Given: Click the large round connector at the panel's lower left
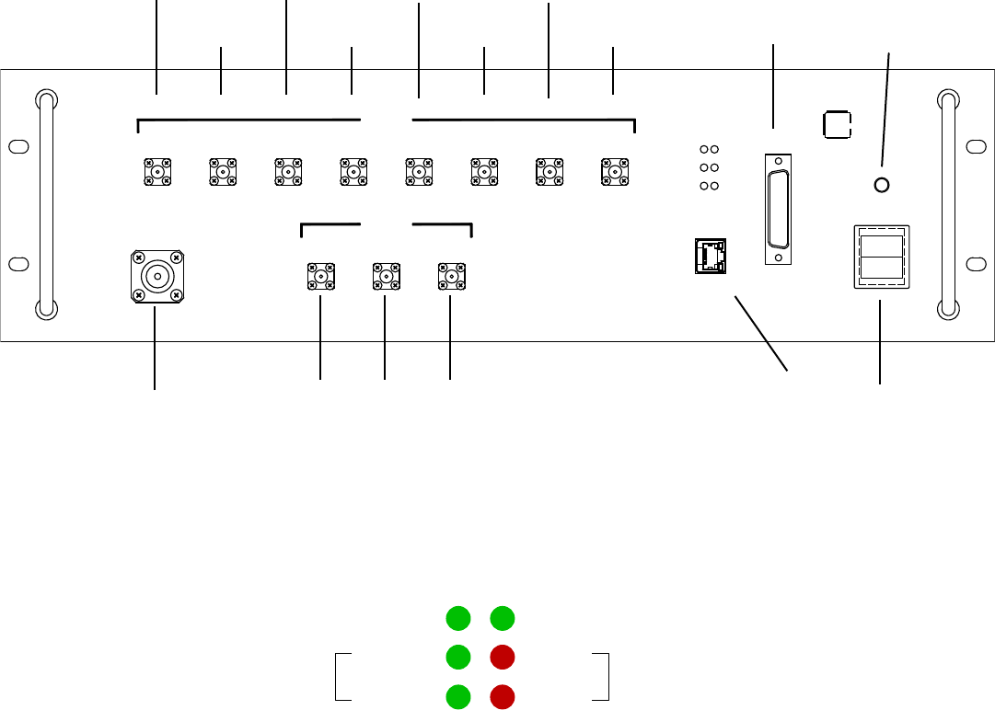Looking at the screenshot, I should click(157, 276).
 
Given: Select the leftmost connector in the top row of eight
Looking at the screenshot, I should click(157, 171).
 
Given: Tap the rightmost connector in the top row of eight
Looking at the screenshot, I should click(612, 171).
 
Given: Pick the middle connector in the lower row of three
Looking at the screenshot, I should click(385, 276).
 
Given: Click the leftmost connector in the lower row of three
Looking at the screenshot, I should click(319, 276).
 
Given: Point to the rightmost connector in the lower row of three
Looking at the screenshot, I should click(450, 276).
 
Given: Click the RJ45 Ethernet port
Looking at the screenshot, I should click(710, 256).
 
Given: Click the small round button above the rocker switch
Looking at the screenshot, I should click(881, 186).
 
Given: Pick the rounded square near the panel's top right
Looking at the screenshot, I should click(837, 124).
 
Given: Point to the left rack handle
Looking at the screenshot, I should click(44, 204).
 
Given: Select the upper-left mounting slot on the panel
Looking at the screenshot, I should click(16, 147).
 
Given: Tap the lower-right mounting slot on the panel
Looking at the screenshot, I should click(977, 264).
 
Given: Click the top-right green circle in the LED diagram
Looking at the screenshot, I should click(502, 619).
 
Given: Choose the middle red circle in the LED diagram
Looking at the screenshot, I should click(502, 658).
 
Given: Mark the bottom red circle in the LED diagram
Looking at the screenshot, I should click(502, 696).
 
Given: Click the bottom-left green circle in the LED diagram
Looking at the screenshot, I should click(457, 696).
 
